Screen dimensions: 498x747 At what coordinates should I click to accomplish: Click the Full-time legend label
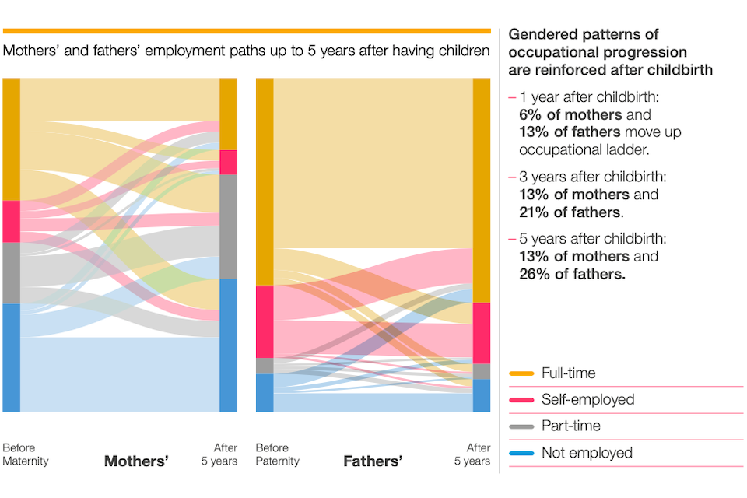pyautogui.click(x=568, y=373)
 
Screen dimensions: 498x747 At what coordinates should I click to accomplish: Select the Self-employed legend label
pyautogui.click(x=587, y=400)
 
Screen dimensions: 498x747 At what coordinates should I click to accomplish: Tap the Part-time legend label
pyautogui.click(x=571, y=426)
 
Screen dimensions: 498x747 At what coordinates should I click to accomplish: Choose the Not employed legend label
pyautogui.click(x=587, y=453)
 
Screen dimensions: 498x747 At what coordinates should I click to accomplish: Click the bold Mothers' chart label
pyautogui.click(x=136, y=461)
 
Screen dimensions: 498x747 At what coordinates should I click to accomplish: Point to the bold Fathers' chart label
pyautogui.click(x=373, y=461)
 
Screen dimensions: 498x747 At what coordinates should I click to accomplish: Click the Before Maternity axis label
pyautogui.click(x=25, y=454)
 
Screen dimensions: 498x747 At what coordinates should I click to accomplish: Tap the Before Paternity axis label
pyautogui.click(x=277, y=454)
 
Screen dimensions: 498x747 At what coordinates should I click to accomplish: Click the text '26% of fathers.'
pyautogui.click(x=573, y=274)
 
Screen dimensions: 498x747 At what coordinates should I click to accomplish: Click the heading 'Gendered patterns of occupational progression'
pyautogui.click(x=597, y=44)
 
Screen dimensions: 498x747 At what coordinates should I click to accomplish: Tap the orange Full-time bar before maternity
pyautogui.click(x=11, y=139)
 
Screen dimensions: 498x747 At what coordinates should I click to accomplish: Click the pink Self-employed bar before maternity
pyautogui.click(x=11, y=221)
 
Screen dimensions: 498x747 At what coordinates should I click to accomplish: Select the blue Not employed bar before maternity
pyautogui.click(x=11, y=357)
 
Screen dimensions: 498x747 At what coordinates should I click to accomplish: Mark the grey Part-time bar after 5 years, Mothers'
pyautogui.click(x=228, y=226)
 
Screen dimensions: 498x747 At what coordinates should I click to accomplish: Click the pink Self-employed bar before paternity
pyautogui.click(x=265, y=321)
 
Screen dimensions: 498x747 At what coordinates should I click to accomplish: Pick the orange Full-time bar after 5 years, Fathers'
pyautogui.click(x=482, y=190)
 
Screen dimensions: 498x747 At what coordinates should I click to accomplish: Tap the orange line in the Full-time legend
pyautogui.click(x=521, y=374)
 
